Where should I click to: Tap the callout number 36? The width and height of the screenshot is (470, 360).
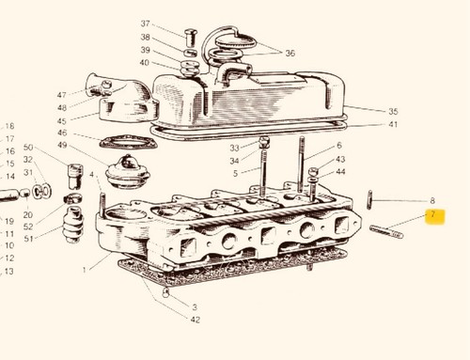[x=290, y=53]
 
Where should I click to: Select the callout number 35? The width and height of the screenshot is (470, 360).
[x=393, y=111]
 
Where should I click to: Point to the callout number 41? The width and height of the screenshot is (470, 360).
[x=393, y=124]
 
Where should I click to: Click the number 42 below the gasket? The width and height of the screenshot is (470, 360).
[x=195, y=320]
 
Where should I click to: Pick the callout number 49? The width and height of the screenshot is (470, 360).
[x=62, y=145]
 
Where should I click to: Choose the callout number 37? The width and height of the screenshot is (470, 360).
[x=145, y=23]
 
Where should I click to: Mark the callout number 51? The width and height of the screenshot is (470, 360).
[x=28, y=239]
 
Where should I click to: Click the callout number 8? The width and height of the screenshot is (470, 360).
[x=432, y=200]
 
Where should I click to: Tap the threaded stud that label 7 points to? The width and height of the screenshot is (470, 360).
[x=386, y=232]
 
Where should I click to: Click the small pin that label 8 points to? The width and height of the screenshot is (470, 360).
[x=369, y=199]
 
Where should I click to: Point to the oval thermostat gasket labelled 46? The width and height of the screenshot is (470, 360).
[x=129, y=142]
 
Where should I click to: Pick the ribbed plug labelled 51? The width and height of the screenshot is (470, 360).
[x=73, y=225]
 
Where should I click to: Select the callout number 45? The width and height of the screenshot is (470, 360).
[x=62, y=121]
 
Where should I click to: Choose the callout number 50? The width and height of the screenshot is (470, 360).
[x=28, y=147]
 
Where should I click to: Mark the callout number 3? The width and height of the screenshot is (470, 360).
[x=195, y=307]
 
